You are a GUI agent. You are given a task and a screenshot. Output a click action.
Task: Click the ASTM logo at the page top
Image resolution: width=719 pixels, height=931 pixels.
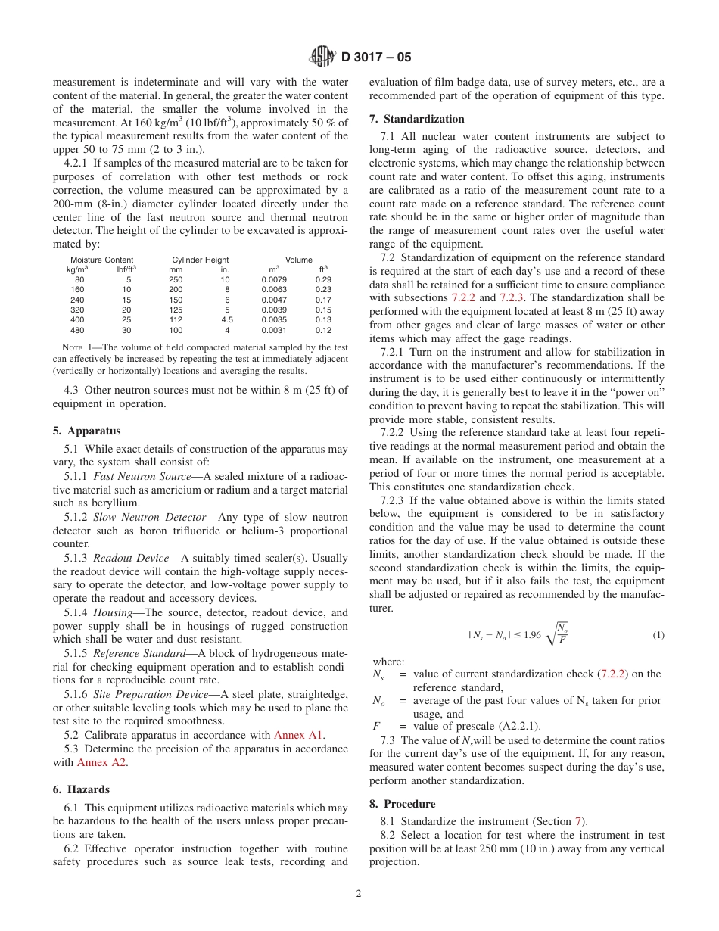pos(322,57)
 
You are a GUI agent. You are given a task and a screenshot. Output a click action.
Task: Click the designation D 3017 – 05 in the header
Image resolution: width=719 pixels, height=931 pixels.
pos(376,58)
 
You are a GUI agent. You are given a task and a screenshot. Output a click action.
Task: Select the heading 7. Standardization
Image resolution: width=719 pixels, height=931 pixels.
pos(416,119)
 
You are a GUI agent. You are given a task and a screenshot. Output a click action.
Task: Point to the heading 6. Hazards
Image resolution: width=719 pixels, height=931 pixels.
pos(81,789)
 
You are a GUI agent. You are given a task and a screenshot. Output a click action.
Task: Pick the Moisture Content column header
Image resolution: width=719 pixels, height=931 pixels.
pos(101,260)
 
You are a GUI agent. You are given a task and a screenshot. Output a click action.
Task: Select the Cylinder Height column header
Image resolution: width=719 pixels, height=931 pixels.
pos(200,260)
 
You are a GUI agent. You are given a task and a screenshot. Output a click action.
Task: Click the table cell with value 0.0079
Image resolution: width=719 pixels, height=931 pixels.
pos(274,279)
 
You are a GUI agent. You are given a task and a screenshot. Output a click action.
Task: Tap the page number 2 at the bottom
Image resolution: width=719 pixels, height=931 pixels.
pos(359,893)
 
